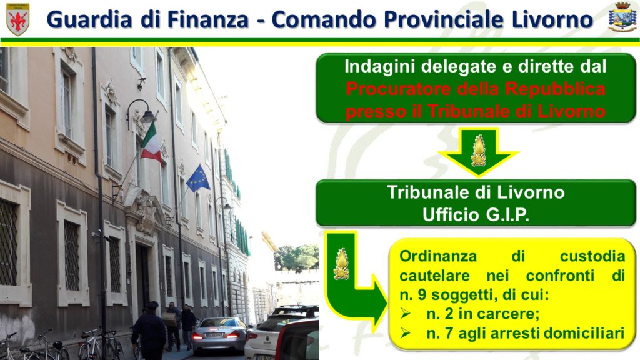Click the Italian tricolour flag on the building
pos(151,143)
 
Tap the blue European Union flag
pos(198,178)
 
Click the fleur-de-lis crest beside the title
pos(18,19)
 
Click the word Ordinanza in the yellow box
pos(438,256)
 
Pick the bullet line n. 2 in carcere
pos(483,314)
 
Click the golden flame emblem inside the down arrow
pos(478,151)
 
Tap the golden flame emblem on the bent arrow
pos(341,264)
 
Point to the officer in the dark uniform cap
pos(149,331)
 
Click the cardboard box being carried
pos(169,319)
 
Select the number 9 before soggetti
pos(422,295)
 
